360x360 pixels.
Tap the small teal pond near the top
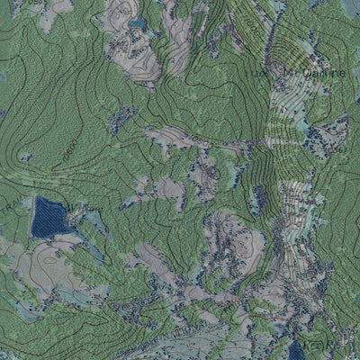click(137, 22)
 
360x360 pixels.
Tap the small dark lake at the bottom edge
click(296, 350)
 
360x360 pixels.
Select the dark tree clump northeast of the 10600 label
click(121, 117)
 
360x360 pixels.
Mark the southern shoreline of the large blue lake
click(49, 236)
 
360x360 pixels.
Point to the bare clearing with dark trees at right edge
click(328, 135)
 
